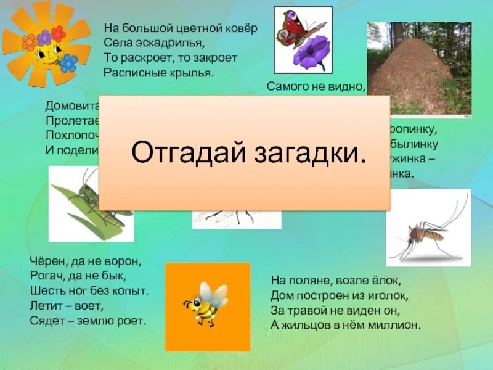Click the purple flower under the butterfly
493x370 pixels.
[311, 53]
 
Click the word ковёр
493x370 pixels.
[238, 28]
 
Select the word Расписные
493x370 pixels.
[134, 72]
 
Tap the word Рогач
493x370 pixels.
[44, 274]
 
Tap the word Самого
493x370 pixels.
[287, 86]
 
